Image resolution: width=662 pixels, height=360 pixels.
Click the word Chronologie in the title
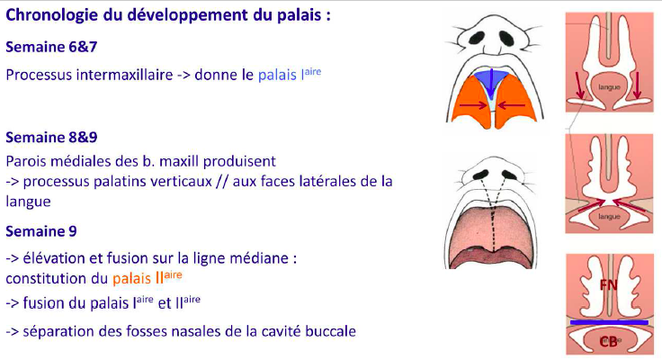(x=52, y=15)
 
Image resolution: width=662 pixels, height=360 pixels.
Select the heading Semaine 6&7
(x=51, y=47)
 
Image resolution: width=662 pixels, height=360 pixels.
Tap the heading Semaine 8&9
(x=51, y=138)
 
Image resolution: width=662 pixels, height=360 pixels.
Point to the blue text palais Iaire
(x=290, y=74)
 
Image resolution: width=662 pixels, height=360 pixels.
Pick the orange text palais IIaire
(x=148, y=277)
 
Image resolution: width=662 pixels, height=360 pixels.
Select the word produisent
(x=239, y=161)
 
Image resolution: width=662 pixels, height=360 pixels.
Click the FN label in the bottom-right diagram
(x=608, y=285)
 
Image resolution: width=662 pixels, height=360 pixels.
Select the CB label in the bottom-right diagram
(x=608, y=340)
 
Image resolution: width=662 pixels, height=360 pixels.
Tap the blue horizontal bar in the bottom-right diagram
(x=609, y=322)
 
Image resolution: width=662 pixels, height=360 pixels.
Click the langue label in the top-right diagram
(x=609, y=87)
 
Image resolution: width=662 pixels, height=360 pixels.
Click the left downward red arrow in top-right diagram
(x=579, y=85)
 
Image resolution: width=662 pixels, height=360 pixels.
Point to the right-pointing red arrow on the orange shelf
(x=473, y=105)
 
